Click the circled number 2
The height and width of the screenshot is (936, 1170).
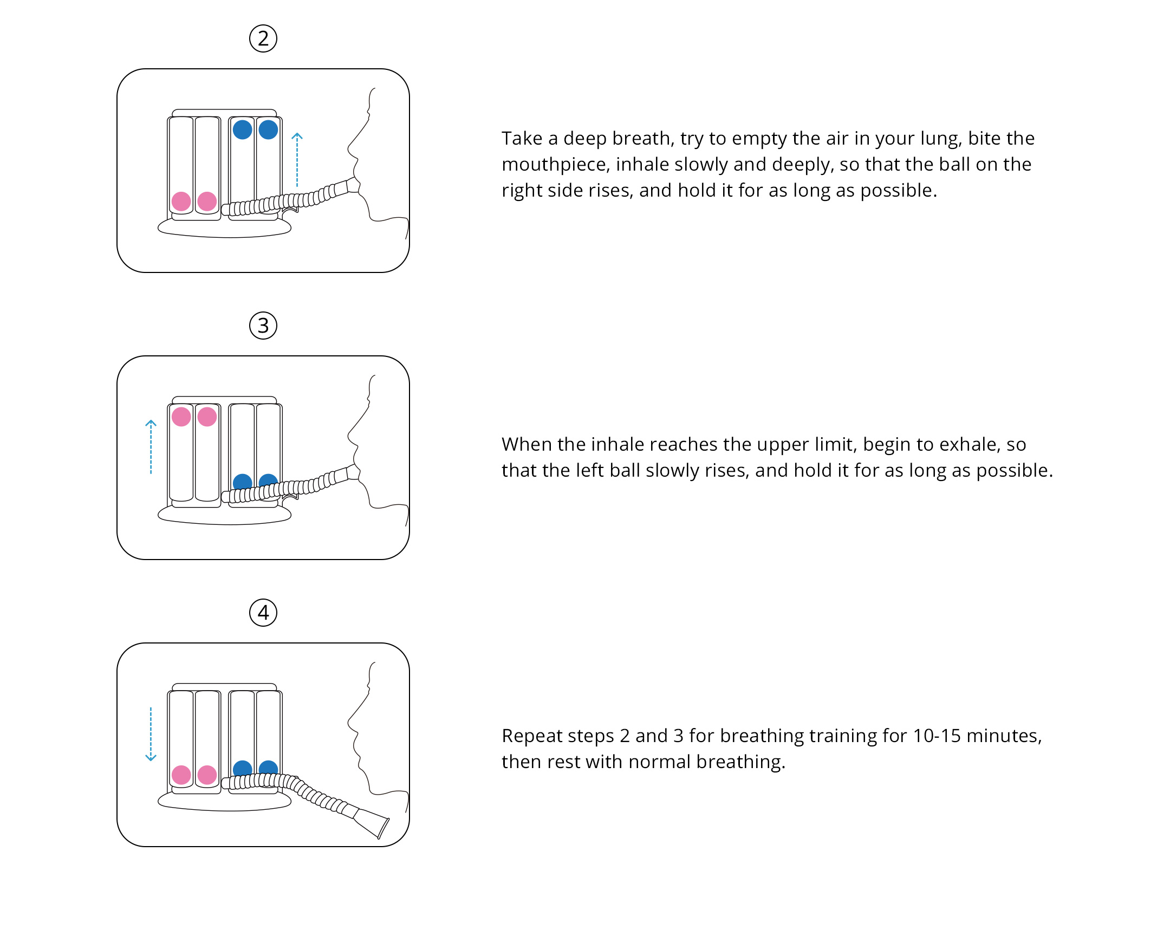point(263,38)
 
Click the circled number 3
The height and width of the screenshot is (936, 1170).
point(263,326)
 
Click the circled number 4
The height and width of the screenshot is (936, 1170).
point(263,613)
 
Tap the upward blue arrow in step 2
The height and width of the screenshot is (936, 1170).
point(297,160)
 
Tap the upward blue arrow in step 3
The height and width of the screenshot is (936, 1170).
point(151,446)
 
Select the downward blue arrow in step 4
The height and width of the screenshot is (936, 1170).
point(151,734)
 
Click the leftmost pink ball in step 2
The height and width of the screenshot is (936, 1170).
point(181,201)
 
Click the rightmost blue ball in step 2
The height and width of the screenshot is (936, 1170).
point(268,129)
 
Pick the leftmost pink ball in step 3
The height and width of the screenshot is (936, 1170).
point(181,417)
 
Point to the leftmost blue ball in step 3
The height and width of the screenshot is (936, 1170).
point(242,481)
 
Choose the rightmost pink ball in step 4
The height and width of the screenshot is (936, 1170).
point(207,775)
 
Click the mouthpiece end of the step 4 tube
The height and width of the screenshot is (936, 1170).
point(383,828)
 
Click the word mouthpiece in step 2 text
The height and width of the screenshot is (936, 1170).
point(555,165)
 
